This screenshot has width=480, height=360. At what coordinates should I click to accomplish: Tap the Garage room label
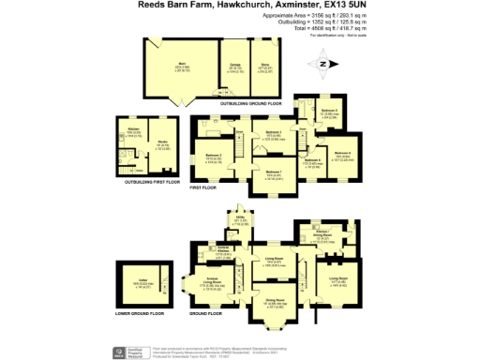coord(234,68)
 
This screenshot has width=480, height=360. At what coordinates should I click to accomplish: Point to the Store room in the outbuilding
coord(264,68)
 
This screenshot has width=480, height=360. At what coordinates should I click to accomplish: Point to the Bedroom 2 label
coord(214,156)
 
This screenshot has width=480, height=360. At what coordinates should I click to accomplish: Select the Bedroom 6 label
coord(328,112)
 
